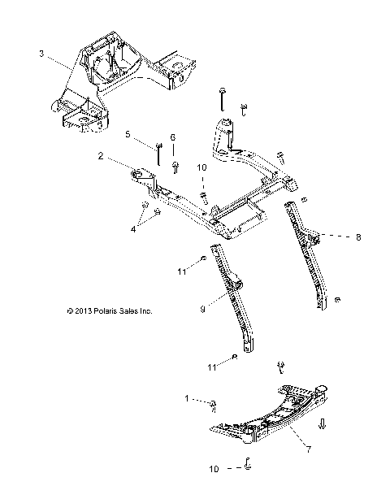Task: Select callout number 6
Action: coord(171,137)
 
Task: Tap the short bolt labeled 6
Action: coord(175,167)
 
